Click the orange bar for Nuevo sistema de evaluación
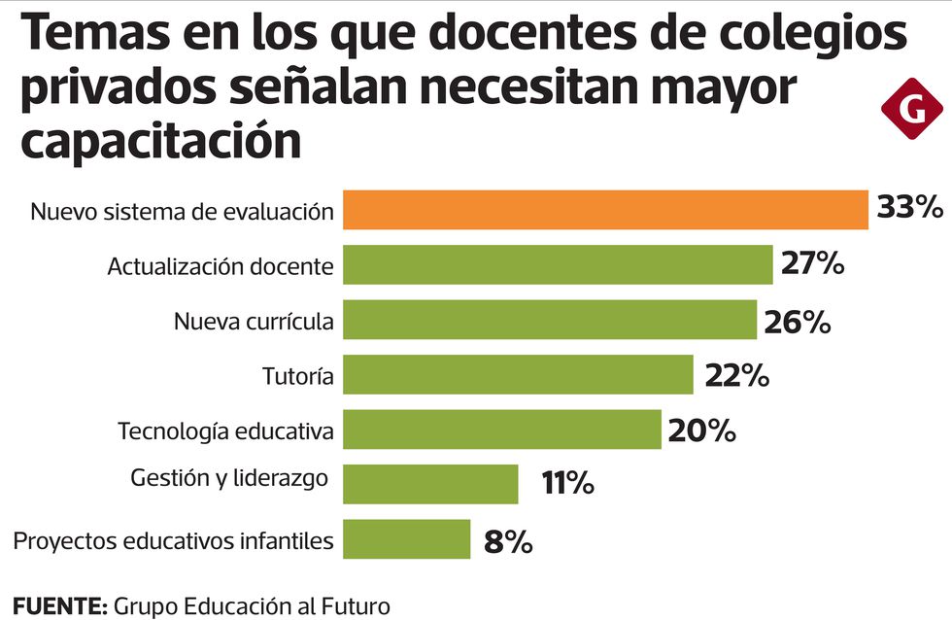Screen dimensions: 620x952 click(605, 210)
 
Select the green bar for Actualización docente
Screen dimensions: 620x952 click(558, 264)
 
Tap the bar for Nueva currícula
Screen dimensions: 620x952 click(550, 320)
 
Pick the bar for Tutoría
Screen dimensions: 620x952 click(518, 374)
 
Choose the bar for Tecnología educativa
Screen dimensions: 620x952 click(502, 430)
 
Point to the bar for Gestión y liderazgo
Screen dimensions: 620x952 click(430, 484)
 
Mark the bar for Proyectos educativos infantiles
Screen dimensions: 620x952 click(407, 539)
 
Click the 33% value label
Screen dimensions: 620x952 click(909, 208)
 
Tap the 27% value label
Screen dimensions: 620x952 click(811, 263)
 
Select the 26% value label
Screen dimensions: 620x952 click(797, 322)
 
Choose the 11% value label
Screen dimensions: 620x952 click(568, 483)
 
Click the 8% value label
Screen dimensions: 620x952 click(508, 541)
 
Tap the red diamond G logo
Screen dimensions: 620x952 click(912, 109)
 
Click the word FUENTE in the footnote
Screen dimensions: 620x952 click(58, 607)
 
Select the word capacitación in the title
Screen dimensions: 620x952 click(161, 141)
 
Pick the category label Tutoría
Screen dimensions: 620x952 click(298, 376)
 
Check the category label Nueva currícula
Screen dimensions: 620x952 click(254, 322)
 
